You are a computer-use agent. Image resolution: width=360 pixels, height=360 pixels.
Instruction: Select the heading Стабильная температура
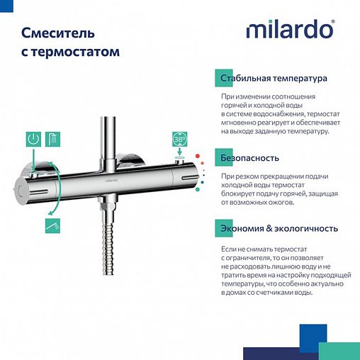pyautogui.click(x=273, y=78)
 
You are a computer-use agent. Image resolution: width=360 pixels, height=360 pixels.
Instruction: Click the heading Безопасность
pyautogui.click(x=249, y=158)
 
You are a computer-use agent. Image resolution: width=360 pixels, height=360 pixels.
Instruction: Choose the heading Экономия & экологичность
pyautogui.click(x=278, y=228)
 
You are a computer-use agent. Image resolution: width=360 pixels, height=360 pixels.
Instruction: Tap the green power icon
pyautogui.click(x=33, y=138)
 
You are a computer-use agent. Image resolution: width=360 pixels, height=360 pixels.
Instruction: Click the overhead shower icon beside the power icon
pyautogui.click(x=52, y=138)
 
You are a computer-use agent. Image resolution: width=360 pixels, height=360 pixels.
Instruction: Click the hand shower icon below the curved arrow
pyautogui.click(x=52, y=225)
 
